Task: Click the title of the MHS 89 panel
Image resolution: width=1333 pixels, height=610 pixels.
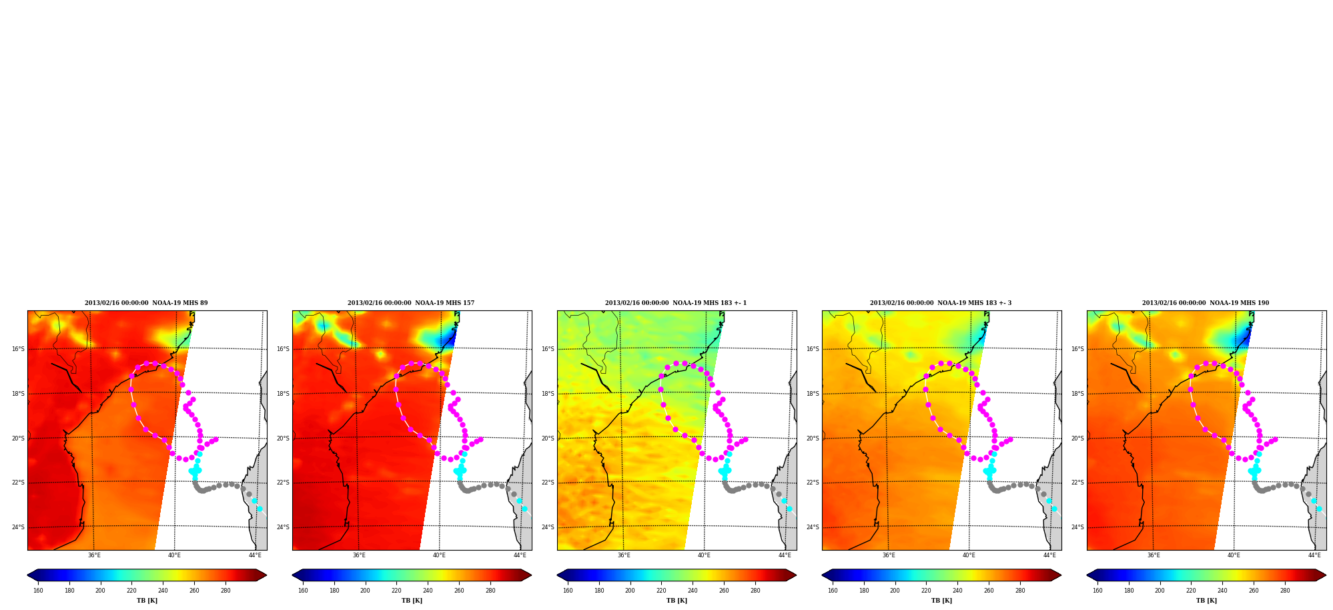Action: click(x=146, y=303)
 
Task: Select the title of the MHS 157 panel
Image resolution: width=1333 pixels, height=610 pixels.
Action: click(x=411, y=303)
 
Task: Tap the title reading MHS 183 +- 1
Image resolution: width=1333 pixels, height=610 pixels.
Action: click(x=676, y=303)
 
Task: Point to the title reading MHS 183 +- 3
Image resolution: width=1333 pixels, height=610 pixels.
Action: click(x=941, y=303)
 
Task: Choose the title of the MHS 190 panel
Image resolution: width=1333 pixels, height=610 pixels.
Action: click(x=1206, y=303)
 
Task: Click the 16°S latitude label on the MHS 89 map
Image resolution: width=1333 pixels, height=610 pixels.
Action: click(x=18, y=349)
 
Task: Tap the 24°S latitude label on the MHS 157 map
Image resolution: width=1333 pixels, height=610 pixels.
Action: click(x=283, y=527)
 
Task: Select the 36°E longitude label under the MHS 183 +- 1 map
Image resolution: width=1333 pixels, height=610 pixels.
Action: click(x=624, y=555)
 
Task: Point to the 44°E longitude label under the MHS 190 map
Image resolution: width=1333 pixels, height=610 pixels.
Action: click(x=1314, y=555)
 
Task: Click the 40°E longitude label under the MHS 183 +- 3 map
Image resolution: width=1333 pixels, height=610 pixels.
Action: click(x=969, y=555)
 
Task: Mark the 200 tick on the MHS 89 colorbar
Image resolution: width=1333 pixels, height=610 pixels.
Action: click(x=100, y=591)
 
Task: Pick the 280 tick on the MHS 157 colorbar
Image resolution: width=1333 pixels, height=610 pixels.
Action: click(x=490, y=591)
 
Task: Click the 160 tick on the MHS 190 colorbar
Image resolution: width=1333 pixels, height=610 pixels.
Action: click(x=1097, y=591)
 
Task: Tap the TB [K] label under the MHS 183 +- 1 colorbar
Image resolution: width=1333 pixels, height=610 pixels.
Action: click(x=677, y=601)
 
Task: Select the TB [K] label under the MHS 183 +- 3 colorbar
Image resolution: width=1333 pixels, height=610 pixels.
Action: click(x=941, y=601)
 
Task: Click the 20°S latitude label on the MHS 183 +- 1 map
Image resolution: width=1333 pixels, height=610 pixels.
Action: click(x=548, y=438)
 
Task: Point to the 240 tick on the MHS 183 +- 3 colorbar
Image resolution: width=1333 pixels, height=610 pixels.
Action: click(x=957, y=591)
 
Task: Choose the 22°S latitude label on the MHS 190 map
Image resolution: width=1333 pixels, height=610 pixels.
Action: click(x=1077, y=483)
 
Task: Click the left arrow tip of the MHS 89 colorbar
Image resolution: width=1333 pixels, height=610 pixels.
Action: click(x=27, y=575)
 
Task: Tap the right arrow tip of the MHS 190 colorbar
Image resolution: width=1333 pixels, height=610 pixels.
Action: click(x=1326, y=575)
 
